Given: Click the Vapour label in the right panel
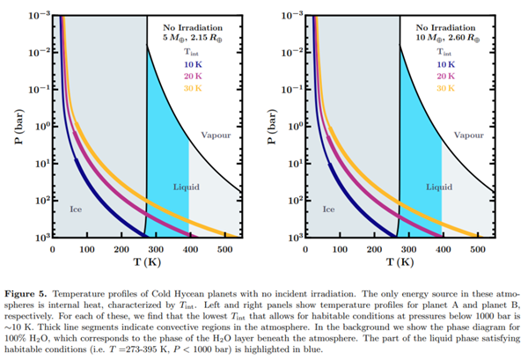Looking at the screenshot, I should [x=467, y=136].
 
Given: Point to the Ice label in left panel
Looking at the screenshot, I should [x=76, y=209].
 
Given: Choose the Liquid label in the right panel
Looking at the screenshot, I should [x=439, y=187].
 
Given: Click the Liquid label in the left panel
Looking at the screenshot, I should [x=186, y=187].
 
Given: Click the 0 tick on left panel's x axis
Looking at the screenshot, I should [x=53, y=249].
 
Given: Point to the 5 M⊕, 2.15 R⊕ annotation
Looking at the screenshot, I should [x=190, y=39].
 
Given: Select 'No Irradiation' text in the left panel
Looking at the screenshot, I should [x=190, y=27].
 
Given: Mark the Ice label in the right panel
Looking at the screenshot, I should [x=329, y=209].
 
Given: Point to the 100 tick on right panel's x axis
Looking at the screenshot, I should [x=341, y=249].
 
